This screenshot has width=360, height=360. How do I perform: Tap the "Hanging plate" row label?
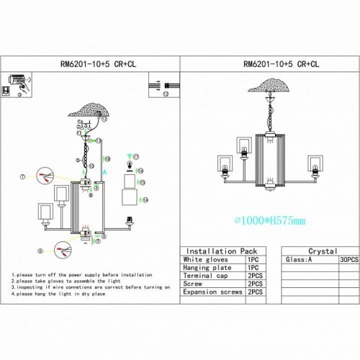tap(208, 268)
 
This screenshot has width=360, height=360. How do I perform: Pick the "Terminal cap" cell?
tap(207, 276)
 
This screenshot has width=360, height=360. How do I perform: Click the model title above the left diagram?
tap(91, 63)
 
